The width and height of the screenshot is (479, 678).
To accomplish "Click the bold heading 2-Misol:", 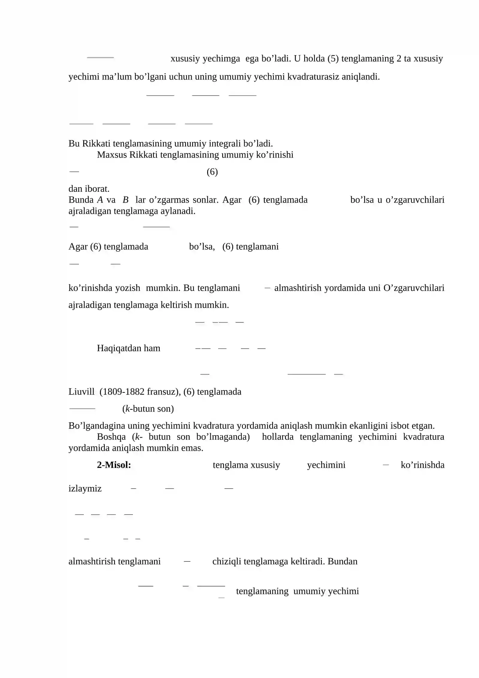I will (114, 465).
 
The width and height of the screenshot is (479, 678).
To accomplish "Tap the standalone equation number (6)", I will (212, 172).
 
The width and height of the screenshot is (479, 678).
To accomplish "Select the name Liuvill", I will (81, 391).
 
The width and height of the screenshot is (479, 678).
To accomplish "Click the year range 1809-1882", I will (119, 391).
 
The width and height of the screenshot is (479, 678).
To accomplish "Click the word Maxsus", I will (112, 155).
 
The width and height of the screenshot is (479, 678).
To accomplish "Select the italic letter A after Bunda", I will (100, 200).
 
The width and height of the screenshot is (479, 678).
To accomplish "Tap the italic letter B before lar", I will (125, 200).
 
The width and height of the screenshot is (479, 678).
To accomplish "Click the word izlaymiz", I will (85, 488).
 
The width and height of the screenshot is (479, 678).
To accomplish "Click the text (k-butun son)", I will (148, 409).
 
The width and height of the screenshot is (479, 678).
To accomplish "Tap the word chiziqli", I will (227, 561).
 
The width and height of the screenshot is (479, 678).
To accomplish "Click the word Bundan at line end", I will (342, 561).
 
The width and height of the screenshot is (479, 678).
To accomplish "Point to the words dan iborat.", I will (89, 189).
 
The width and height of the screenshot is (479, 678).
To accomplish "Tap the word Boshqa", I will (111, 437).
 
